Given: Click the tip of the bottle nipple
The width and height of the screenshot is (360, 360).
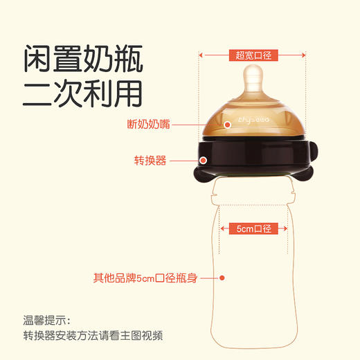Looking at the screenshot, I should [254, 72].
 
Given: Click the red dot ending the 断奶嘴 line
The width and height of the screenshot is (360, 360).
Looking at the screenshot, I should [228, 125].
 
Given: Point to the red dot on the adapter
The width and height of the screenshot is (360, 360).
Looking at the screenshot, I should [204, 160].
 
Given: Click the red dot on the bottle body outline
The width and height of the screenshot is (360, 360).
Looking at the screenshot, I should [223, 278].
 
